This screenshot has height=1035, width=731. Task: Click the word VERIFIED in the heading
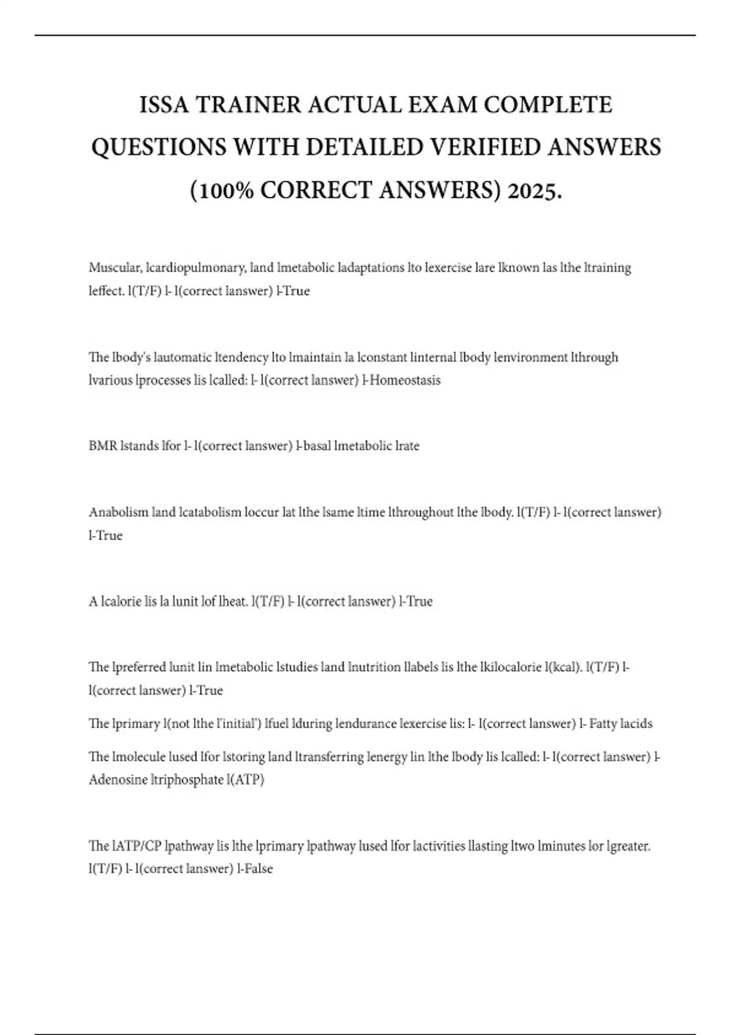[494, 147]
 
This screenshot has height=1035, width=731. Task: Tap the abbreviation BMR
[103, 446]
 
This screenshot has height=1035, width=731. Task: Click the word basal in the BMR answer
[317, 446]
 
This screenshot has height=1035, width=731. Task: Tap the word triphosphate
[188, 780]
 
